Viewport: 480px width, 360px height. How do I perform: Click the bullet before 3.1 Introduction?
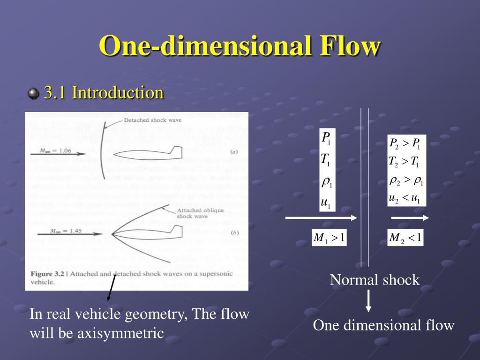click(x=33, y=94)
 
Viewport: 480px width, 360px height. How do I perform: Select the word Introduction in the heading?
click(x=118, y=92)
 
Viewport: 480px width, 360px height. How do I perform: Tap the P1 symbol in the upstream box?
click(x=326, y=138)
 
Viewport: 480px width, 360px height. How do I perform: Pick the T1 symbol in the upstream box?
click(x=325, y=160)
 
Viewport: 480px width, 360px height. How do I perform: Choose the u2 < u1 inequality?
click(x=404, y=198)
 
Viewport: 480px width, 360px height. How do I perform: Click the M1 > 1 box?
click(x=329, y=239)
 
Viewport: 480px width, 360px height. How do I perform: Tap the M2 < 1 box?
click(x=405, y=239)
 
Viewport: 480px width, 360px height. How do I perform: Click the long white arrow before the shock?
click(x=321, y=218)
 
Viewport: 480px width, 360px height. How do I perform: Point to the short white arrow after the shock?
click(x=410, y=218)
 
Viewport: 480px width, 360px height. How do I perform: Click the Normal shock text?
click(x=375, y=280)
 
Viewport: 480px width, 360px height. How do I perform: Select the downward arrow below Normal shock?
click(x=369, y=301)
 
